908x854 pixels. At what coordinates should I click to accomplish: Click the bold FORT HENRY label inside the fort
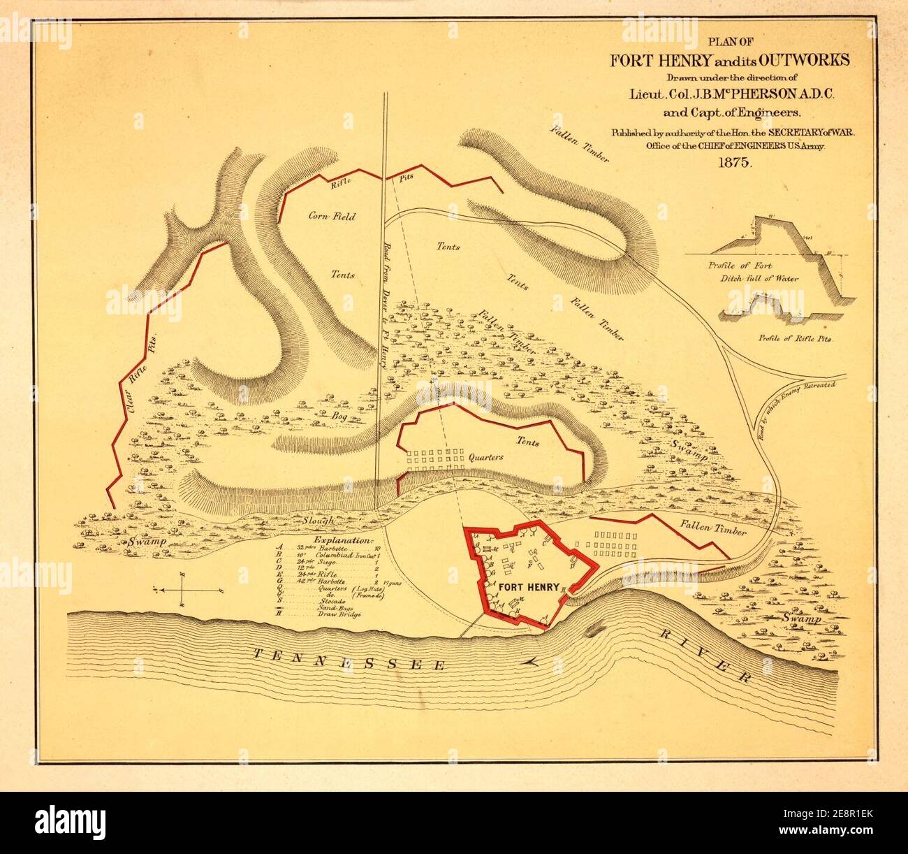pyautogui.click(x=527, y=585)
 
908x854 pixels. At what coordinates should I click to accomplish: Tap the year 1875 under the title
pyautogui.click(x=731, y=163)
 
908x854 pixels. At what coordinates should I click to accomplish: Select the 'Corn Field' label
pyautogui.click(x=332, y=217)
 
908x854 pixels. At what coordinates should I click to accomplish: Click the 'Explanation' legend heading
pyautogui.click(x=344, y=540)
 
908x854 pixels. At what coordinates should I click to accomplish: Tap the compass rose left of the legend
pyautogui.click(x=182, y=589)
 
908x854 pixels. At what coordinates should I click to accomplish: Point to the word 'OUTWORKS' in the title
pyautogui.click(x=805, y=59)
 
